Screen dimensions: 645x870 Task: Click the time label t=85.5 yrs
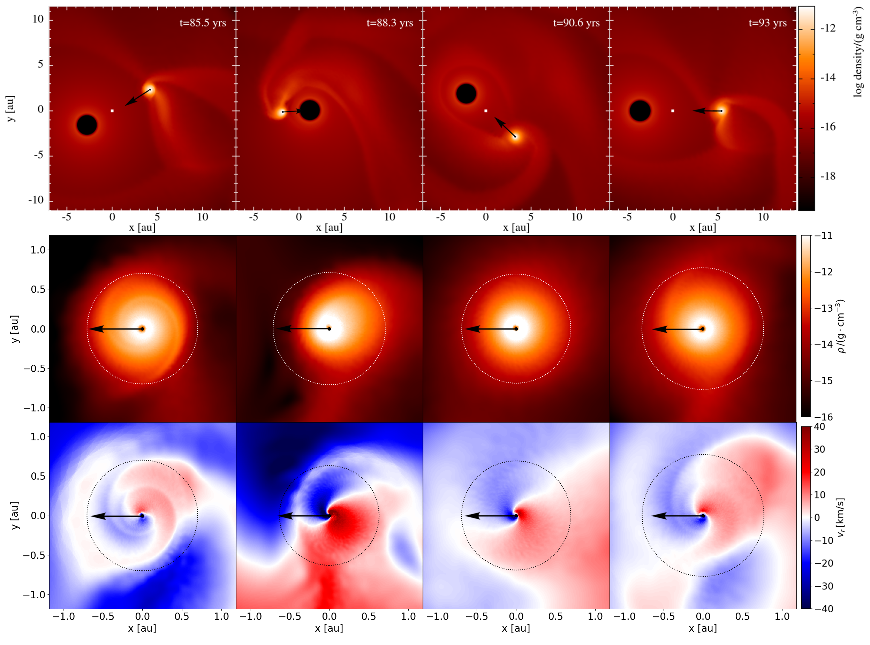pyautogui.click(x=203, y=23)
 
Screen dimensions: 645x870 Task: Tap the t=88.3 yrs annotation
pyautogui.click(x=390, y=23)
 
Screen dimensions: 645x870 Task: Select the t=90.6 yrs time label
pyautogui.click(x=576, y=23)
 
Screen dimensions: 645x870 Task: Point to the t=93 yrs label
pyautogui.click(x=767, y=23)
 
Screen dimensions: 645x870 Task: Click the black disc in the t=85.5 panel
pyautogui.click(x=87, y=125)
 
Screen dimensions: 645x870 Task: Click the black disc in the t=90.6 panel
pyautogui.click(x=466, y=93)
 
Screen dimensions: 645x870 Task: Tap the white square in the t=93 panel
pyautogui.click(x=672, y=111)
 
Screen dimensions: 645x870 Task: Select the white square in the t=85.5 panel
pyautogui.click(x=112, y=111)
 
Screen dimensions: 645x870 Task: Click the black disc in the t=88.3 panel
pyautogui.click(x=310, y=110)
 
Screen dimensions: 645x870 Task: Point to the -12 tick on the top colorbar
pyautogui.click(x=828, y=28)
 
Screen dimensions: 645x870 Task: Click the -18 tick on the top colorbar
pyautogui.click(x=828, y=176)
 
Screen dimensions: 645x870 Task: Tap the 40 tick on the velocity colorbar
pyautogui.click(x=820, y=427)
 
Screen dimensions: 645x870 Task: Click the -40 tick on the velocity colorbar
pyautogui.click(x=822, y=608)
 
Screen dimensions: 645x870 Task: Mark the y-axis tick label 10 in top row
pyautogui.click(x=38, y=19)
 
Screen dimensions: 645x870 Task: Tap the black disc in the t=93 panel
pyautogui.click(x=640, y=111)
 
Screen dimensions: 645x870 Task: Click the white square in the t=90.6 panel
pyautogui.click(x=486, y=111)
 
